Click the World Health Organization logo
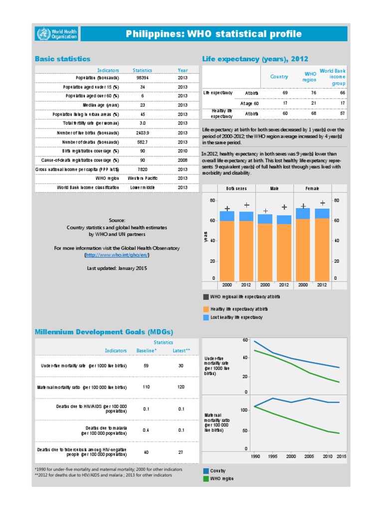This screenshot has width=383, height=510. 56,34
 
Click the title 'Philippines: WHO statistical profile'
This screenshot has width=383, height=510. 214,34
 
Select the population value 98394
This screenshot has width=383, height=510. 142,78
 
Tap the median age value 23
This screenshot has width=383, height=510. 142,105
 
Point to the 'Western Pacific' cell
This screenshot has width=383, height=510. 142,178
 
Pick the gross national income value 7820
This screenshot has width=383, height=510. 142,169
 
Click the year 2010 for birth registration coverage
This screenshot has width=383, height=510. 183,151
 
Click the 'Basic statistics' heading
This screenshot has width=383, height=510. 62,59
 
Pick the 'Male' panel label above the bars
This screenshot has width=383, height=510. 274,188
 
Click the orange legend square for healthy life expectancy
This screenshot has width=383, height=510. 206,309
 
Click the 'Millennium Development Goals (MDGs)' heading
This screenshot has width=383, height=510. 104,332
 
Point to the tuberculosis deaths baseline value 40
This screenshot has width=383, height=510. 146,452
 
